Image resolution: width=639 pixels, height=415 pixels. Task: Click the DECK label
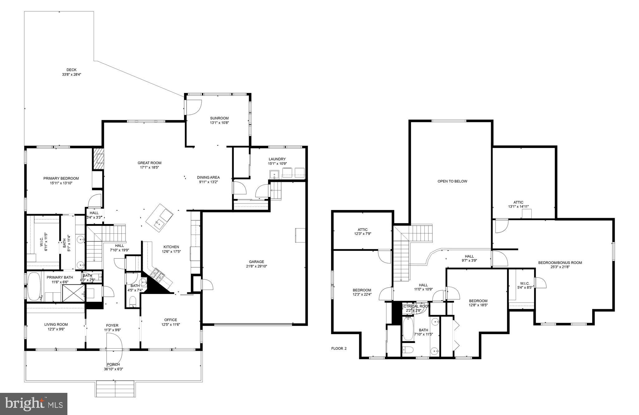point(71,70)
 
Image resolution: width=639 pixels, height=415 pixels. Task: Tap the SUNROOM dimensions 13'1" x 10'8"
point(219,123)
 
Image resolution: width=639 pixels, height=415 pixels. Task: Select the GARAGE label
point(256,262)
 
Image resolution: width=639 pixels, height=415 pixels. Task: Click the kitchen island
point(159,217)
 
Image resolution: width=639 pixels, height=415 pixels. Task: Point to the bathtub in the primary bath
point(34,286)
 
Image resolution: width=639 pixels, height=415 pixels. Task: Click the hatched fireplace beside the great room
point(98,159)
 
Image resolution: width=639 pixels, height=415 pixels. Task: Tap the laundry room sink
point(275,174)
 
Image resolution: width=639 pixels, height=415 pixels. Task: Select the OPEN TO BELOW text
point(452,181)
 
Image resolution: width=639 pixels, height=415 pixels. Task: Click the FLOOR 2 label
point(339,349)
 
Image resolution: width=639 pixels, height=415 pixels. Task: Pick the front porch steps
point(115,389)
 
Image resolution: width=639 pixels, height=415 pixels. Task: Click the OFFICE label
point(171,320)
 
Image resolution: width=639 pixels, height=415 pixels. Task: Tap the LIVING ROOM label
point(56,325)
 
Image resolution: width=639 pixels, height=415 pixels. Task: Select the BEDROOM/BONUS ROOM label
point(560,263)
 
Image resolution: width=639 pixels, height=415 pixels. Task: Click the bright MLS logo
point(34,404)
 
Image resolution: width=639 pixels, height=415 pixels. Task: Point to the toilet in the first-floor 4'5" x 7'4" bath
point(133,301)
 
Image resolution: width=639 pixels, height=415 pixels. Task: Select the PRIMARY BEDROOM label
point(61,178)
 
